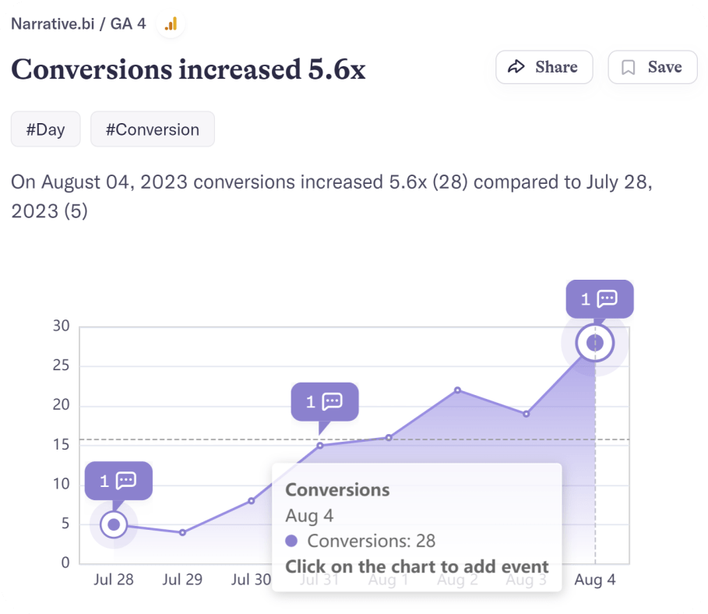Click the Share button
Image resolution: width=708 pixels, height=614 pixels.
(544, 67)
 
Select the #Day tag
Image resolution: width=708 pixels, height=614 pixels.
(45, 129)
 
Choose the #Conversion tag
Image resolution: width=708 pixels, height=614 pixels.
(152, 129)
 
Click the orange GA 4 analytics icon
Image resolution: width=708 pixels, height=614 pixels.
(171, 24)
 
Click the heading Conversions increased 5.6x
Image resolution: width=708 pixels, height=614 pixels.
(188, 70)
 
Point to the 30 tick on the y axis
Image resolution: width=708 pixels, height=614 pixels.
(61, 326)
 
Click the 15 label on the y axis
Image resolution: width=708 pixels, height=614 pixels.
(61, 444)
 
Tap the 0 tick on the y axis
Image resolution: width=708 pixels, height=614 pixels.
(65, 563)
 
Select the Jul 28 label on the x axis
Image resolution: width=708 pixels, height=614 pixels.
(114, 580)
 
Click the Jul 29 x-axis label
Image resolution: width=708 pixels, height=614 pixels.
(182, 580)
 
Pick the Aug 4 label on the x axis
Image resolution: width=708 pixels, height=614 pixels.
(594, 580)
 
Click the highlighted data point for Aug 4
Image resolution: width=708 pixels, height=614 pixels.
(595, 343)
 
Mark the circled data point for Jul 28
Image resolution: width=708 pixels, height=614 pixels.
(114, 524)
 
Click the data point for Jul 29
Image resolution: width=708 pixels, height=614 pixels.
(182, 532)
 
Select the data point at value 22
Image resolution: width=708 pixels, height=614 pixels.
(457, 390)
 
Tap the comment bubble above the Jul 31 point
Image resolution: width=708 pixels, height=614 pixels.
(324, 402)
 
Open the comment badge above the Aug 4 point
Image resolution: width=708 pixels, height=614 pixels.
(599, 298)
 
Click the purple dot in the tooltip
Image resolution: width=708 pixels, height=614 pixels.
(292, 541)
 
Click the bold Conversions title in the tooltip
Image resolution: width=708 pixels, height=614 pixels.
(337, 489)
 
